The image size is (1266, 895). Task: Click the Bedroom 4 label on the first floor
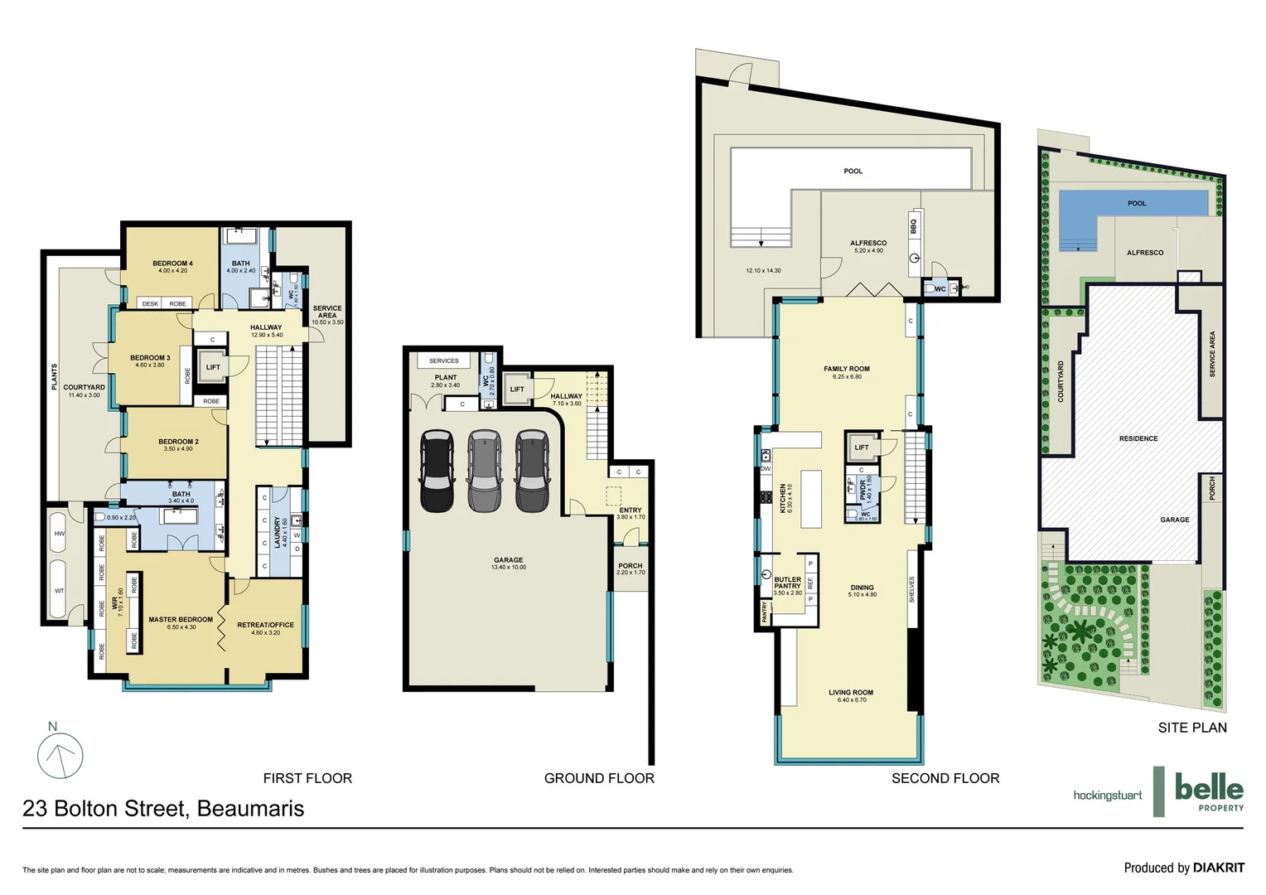pyautogui.click(x=172, y=264)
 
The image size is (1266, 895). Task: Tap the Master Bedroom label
pyautogui.click(x=181, y=620)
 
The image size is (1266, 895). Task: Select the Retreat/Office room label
pyautogui.click(x=265, y=625)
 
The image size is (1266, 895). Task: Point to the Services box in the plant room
pyautogui.click(x=444, y=360)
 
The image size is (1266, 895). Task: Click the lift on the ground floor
pyautogui.click(x=517, y=389)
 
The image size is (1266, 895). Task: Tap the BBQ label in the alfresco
pyautogui.click(x=914, y=225)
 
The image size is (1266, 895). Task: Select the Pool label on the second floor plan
pyautogui.click(x=853, y=172)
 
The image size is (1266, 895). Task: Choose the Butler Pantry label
pyautogui.click(x=787, y=583)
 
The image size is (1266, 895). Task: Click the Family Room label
pyautogui.click(x=847, y=369)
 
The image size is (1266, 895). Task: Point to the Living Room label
pyautogui.click(x=851, y=693)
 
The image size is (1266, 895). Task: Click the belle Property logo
pyautogui.click(x=1209, y=792)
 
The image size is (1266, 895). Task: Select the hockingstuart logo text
pyautogui.click(x=1107, y=796)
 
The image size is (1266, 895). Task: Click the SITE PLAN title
pyautogui.click(x=1192, y=728)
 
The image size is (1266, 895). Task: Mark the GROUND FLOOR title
pyautogui.click(x=599, y=778)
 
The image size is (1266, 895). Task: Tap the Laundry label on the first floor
pyautogui.click(x=278, y=533)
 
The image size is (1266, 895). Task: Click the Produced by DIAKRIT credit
pyautogui.click(x=1183, y=868)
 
